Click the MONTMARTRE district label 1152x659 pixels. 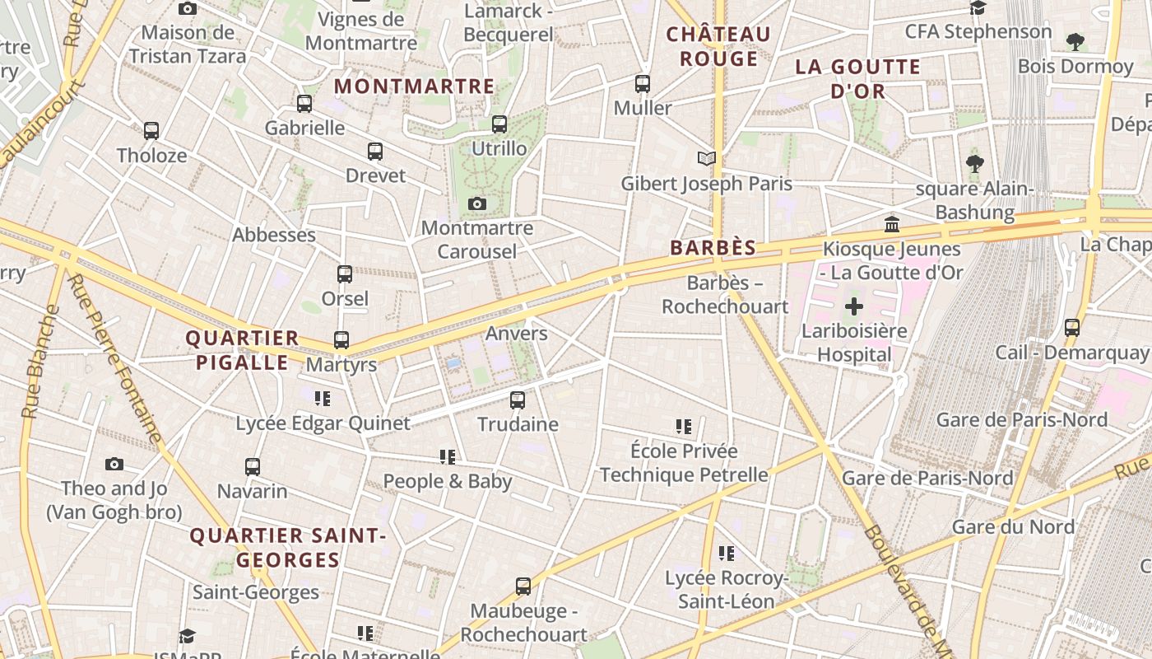[414, 86]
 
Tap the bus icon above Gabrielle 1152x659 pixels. [304, 104]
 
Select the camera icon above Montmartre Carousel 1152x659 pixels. [476, 203]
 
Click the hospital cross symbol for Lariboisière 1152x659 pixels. [854, 307]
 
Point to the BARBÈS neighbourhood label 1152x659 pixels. [713, 248]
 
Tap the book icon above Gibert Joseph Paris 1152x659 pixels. [706, 158]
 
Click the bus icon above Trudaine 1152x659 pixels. [518, 400]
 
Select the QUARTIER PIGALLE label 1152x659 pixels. [242, 350]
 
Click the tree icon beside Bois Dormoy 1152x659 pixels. [1075, 41]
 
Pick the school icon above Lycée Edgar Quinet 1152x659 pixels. [323, 399]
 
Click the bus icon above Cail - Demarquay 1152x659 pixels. [1072, 328]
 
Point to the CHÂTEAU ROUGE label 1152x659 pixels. [718, 46]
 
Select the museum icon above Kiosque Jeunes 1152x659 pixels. [891, 224]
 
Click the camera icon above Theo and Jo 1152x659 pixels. [114, 465]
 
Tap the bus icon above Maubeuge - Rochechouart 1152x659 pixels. [523, 587]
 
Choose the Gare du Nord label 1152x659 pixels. [1013, 526]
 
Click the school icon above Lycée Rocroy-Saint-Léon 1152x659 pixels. [726, 554]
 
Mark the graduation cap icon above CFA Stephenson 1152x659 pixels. [978, 8]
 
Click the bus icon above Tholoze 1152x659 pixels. [151, 131]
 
